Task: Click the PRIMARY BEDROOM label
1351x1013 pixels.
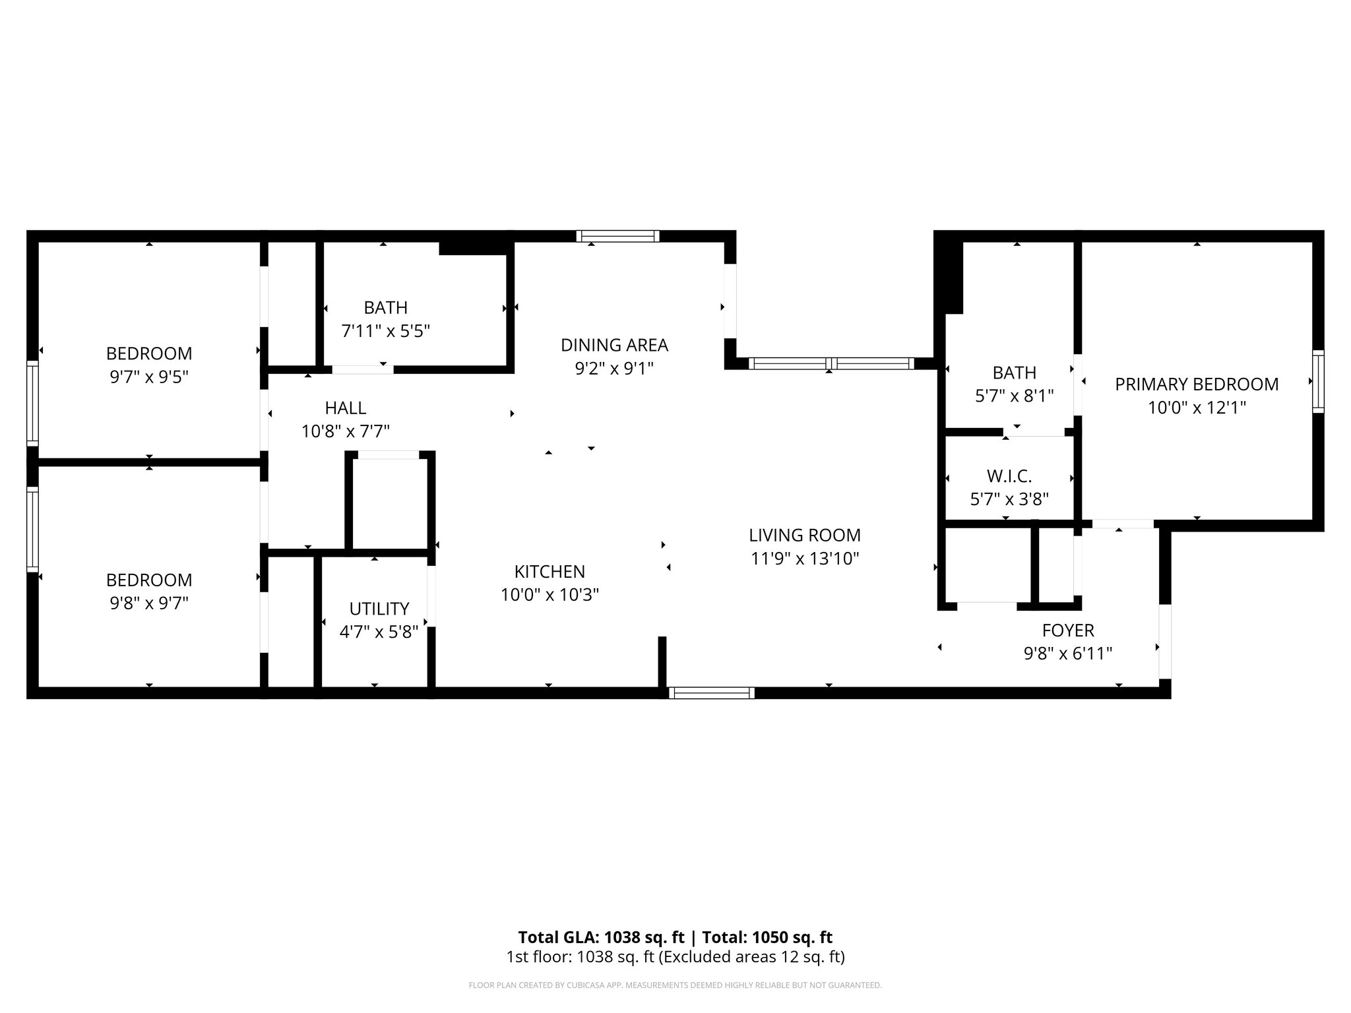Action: (1196, 384)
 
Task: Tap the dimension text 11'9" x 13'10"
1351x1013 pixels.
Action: (804, 559)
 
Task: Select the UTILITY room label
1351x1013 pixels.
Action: (379, 608)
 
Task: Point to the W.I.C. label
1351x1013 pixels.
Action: (1009, 476)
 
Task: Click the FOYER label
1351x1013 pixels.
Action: (1067, 630)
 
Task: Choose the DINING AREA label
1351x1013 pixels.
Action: (613, 345)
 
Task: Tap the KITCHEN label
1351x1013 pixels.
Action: (549, 571)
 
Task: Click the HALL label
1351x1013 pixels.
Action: (345, 408)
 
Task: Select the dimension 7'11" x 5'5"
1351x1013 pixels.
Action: (385, 331)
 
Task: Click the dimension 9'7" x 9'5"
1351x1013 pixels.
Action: (149, 377)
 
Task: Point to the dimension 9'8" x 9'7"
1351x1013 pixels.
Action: (149, 603)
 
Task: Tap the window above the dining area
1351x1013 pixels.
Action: (617, 236)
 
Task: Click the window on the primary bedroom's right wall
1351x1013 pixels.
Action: (1317, 382)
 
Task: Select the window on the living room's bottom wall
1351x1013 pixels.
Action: (711, 692)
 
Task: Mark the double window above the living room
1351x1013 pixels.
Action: (831, 363)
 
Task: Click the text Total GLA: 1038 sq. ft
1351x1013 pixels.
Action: (602, 937)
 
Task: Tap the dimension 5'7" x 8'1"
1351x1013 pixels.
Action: (1014, 396)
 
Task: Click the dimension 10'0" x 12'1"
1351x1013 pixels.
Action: (1196, 408)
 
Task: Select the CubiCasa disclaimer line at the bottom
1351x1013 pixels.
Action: (675, 985)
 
